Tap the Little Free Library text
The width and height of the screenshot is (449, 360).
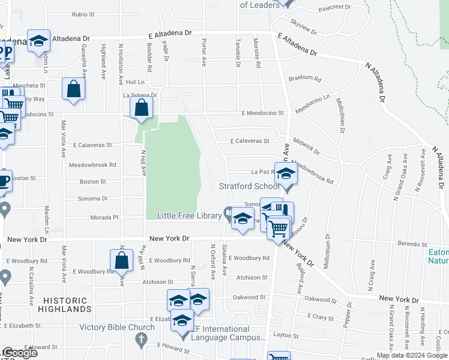point(189,215)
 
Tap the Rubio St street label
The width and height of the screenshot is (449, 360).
point(83,14)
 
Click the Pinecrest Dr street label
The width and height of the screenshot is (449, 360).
point(334,7)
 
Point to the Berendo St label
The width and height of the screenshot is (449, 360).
point(412,244)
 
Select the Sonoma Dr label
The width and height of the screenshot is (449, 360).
point(93,198)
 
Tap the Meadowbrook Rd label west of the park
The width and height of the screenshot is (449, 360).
point(92,164)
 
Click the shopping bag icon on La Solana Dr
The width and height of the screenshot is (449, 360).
point(142,109)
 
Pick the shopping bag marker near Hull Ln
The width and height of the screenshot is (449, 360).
point(73,89)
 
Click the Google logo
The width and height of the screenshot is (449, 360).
point(19,353)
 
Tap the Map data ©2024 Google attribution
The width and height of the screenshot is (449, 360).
point(411,355)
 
